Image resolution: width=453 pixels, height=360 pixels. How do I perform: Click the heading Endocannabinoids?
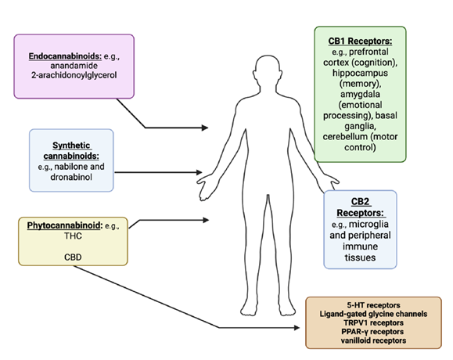coord(65,56)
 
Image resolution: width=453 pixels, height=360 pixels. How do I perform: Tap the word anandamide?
coord(74,66)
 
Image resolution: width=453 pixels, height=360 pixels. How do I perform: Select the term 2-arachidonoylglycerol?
coord(74,75)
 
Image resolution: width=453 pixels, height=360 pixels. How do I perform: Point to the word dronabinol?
coord(71,177)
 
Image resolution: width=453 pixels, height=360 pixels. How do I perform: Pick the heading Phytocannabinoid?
coord(64,225)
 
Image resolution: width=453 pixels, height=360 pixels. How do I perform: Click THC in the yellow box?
coord(73,236)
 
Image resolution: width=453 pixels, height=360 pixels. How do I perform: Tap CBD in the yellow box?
coord(73,257)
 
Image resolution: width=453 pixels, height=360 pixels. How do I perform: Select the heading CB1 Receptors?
coord(360,41)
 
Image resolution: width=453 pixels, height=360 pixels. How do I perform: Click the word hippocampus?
coord(360,73)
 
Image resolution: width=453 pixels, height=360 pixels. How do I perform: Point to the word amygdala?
coord(360,95)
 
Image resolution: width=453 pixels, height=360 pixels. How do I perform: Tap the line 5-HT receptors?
coord(373,305)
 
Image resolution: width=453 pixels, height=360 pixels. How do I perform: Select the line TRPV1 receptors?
coord(373,322)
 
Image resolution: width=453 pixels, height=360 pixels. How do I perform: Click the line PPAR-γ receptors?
coord(372,332)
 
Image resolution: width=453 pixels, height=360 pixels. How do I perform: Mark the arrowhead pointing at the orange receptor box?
coord(297,328)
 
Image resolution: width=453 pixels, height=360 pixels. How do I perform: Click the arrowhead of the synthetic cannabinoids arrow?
coord(199,172)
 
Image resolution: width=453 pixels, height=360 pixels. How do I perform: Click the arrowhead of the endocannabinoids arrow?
coord(205,128)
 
